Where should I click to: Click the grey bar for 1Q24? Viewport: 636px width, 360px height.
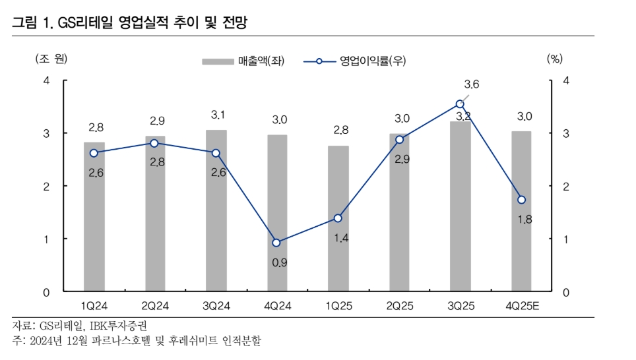click(x=94, y=217)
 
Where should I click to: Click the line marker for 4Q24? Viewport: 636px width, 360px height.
click(x=277, y=243)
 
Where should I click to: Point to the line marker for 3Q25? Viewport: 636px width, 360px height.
click(x=460, y=104)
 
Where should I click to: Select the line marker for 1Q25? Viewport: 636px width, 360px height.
click(x=338, y=218)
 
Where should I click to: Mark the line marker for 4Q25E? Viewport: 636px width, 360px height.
click(x=521, y=200)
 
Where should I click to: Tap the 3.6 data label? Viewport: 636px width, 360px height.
click(x=472, y=84)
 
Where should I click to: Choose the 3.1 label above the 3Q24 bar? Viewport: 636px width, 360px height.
click(x=218, y=115)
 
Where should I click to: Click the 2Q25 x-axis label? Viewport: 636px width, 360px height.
click(x=399, y=305)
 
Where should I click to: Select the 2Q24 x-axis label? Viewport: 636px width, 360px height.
click(x=155, y=305)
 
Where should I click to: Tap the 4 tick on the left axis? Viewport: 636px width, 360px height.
click(x=46, y=80)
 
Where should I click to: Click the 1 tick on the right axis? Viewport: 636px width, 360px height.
click(x=565, y=239)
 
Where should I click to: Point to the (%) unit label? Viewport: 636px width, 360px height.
click(x=554, y=58)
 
